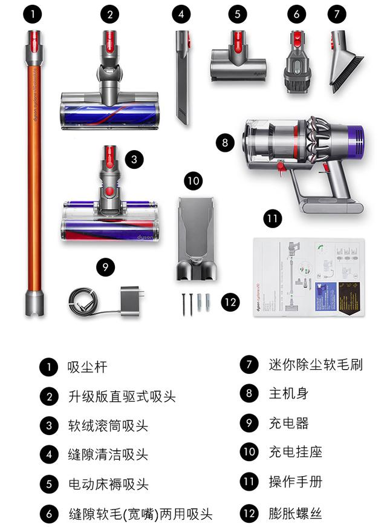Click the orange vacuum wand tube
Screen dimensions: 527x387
click(33, 182)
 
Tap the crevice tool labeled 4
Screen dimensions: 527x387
click(182, 79)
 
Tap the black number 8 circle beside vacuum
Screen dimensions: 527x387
click(224, 143)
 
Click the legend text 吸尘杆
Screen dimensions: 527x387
click(88, 367)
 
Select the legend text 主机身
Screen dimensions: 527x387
click(288, 393)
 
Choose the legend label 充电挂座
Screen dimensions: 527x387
click(295, 451)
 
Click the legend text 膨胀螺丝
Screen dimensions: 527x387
click(295, 514)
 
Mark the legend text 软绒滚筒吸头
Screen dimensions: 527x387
click(108, 426)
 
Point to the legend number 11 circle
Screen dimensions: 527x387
click(249, 482)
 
